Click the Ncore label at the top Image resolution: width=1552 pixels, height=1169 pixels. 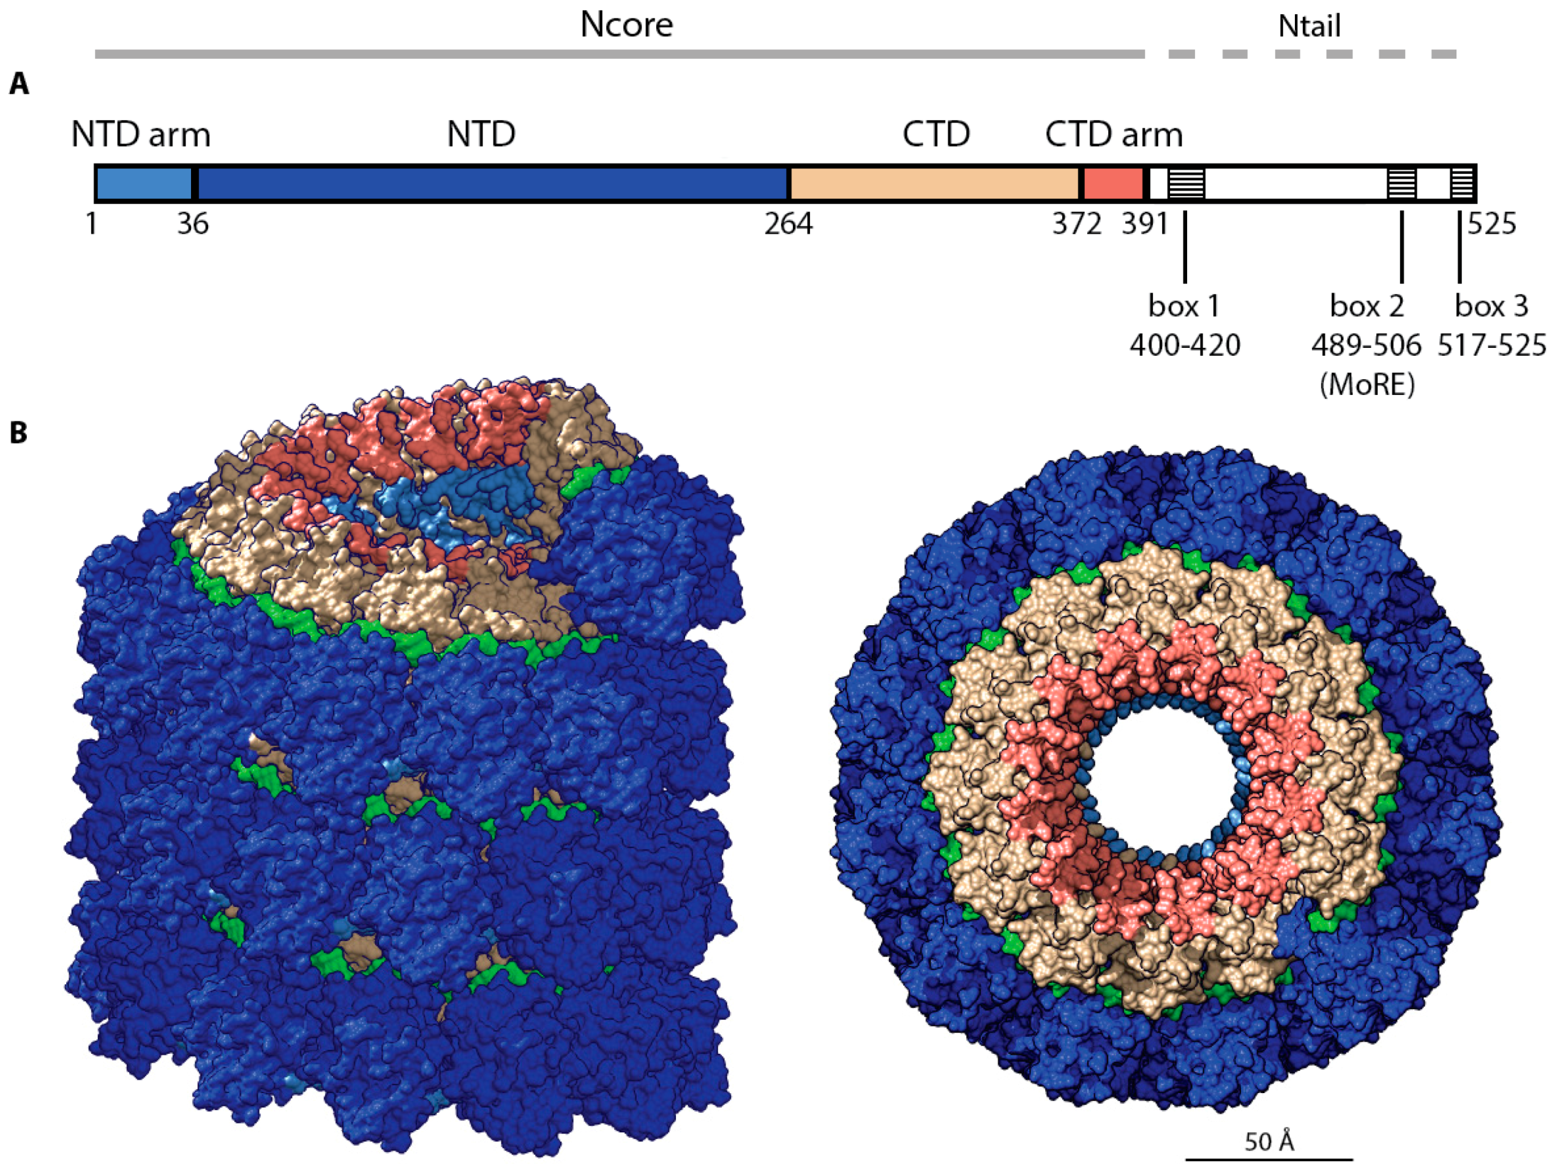tap(626, 25)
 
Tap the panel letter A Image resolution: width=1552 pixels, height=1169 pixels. tap(19, 85)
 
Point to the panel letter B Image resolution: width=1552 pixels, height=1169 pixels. tap(19, 433)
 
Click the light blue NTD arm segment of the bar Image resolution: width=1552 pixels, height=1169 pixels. tap(144, 184)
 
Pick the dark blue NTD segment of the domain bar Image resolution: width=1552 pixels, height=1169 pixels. tap(491, 184)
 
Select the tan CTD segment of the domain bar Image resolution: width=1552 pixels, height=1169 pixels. tap(934, 184)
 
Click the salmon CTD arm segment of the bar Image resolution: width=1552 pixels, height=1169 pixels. tap(1113, 184)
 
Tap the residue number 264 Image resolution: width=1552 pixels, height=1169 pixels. tap(789, 225)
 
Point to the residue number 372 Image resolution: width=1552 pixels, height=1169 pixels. tap(1077, 225)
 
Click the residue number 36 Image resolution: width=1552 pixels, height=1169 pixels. tap(193, 225)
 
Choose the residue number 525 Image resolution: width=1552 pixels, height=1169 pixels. tap(1491, 225)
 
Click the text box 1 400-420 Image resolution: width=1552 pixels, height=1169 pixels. tap(1184, 326)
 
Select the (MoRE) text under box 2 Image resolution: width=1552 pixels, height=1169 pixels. tap(1366, 384)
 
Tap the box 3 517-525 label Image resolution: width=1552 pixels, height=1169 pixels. tap(1491, 326)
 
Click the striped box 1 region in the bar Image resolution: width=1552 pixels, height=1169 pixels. tap(1186, 184)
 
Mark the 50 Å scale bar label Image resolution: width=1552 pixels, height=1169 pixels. tap(1269, 1141)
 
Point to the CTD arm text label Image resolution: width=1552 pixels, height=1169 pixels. tap(1114, 135)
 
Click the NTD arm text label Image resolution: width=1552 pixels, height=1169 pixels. tap(140, 135)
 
